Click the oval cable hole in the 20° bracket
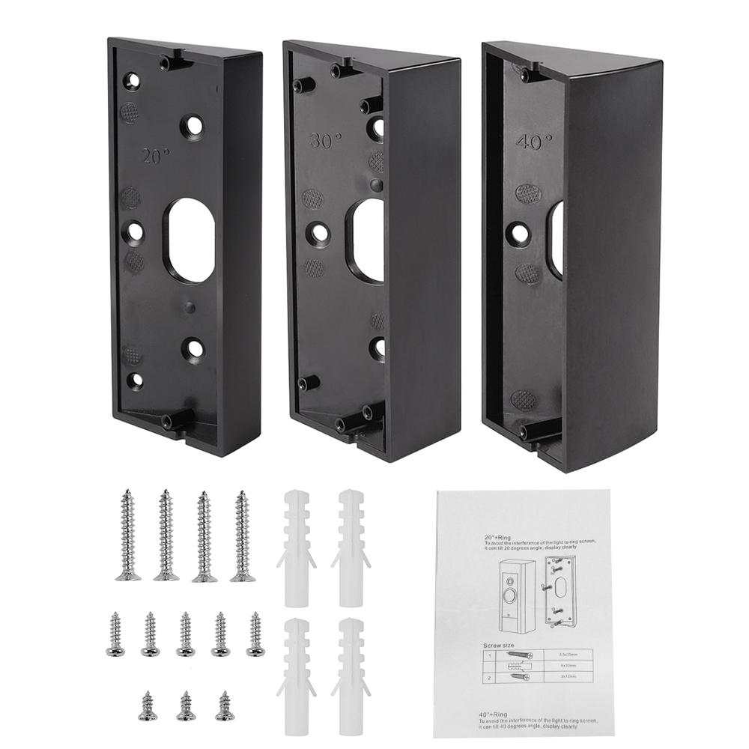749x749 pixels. [x=189, y=240]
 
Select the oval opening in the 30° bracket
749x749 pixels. [x=365, y=240]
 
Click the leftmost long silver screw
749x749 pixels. [x=128, y=536]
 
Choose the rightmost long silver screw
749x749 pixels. [x=241, y=536]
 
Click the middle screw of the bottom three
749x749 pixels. [x=186, y=706]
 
